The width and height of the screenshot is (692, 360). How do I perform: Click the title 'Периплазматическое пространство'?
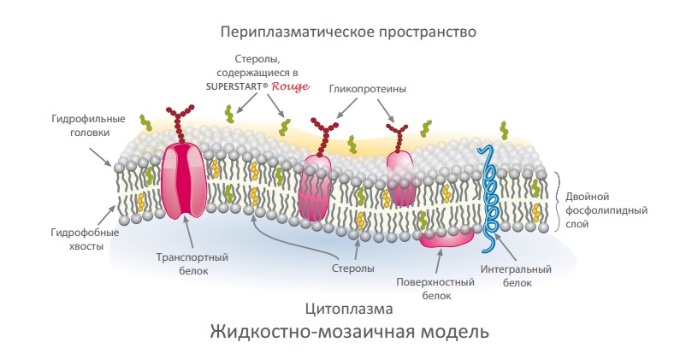(x=346, y=32)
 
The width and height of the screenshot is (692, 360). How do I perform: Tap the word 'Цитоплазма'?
(x=346, y=307)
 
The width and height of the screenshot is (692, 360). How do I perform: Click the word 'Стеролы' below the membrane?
(x=352, y=269)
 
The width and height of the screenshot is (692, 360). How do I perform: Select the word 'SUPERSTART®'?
(x=238, y=87)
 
